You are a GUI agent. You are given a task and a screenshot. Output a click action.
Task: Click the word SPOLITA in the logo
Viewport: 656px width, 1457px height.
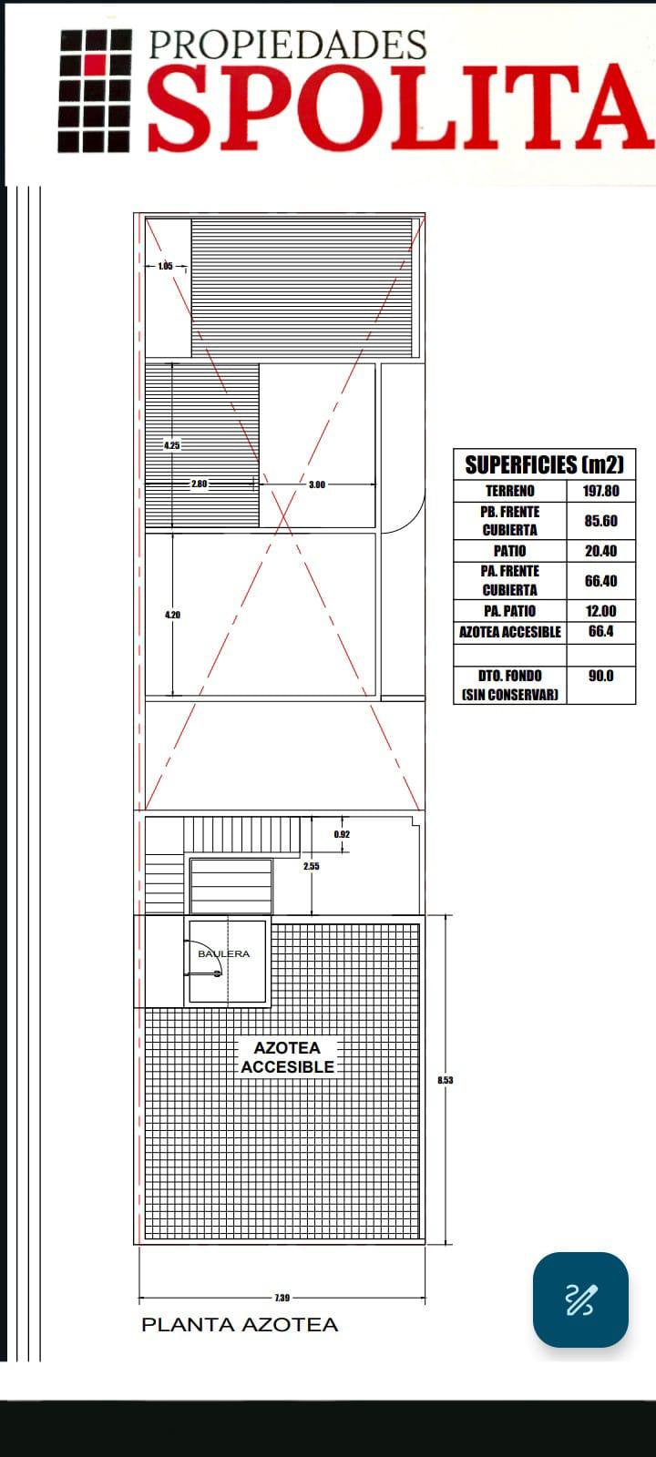pyautogui.click(x=398, y=107)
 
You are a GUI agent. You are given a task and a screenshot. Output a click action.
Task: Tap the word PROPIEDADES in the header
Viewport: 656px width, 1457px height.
pyautogui.click(x=288, y=45)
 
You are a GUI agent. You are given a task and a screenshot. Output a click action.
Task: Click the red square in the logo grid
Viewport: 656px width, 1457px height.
pyautogui.click(x=96, y=64)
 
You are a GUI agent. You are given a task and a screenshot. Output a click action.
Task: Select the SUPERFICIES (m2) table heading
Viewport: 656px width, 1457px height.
pyautogui.click(x=544, y=464)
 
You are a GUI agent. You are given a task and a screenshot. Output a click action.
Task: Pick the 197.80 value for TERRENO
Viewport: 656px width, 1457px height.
pyautogui.click(x=600, y=491)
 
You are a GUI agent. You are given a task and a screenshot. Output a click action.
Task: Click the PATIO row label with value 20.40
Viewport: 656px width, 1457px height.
pyautogui.click(x=509, y=551)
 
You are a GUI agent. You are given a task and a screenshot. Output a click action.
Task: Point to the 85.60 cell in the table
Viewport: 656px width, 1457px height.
pyautogui.click(x=600, y=521)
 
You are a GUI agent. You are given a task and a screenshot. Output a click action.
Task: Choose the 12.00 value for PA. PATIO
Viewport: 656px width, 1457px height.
pyautogui.click(x=600, y=611)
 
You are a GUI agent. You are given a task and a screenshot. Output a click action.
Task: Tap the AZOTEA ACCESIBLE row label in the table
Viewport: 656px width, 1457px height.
pyautogui.click(x=509, y=632)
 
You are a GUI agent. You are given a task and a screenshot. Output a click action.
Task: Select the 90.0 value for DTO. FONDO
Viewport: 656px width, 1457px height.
pyautogui.click(x=600, y=676)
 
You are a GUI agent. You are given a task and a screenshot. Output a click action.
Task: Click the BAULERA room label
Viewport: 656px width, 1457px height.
pyautogui.click(x=224, y=953)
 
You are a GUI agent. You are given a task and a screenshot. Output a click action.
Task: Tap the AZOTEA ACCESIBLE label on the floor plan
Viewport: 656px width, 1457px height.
pyautogui.click(x=287, y=1057)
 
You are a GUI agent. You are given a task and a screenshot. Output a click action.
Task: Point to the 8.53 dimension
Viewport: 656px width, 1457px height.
pyautogui.click(x=446, y=1080)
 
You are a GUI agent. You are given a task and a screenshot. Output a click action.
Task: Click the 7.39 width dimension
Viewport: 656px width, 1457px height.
pyautogui.click(x=282, y=1298)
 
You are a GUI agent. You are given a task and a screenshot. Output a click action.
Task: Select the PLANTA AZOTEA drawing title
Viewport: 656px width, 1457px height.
pyautogui.click(x=240, y=1325)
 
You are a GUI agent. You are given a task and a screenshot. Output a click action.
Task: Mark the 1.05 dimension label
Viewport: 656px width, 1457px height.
pyautogui.click(x=165, y=266)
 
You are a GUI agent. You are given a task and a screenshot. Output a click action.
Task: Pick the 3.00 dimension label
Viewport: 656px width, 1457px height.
pyautogui.click(x=317, y=484)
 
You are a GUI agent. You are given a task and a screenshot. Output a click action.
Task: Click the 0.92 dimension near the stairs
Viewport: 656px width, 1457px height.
pyautogui.click(x=342, y=834)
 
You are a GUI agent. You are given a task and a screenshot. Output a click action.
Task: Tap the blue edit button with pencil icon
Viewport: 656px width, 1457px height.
pyautogui.click(x=580, y=1299)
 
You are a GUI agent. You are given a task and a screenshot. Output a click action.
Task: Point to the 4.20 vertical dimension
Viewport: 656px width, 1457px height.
pyautogui.click(x=172, y=615)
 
